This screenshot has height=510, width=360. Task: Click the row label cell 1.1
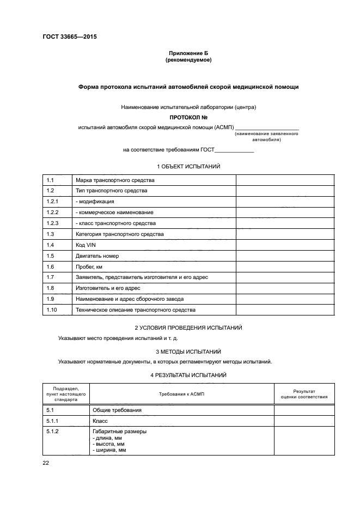click(50, 180)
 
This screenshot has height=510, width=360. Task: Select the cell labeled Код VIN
click(86, 245)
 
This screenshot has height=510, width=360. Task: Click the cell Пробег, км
click(89, 266)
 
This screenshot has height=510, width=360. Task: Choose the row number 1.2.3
click(52, 223)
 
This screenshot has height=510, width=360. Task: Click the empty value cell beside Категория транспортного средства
click(284, 234)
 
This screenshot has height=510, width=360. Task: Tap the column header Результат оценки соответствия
click(304, 394)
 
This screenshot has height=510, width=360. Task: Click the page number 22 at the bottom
click(46, 463)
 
